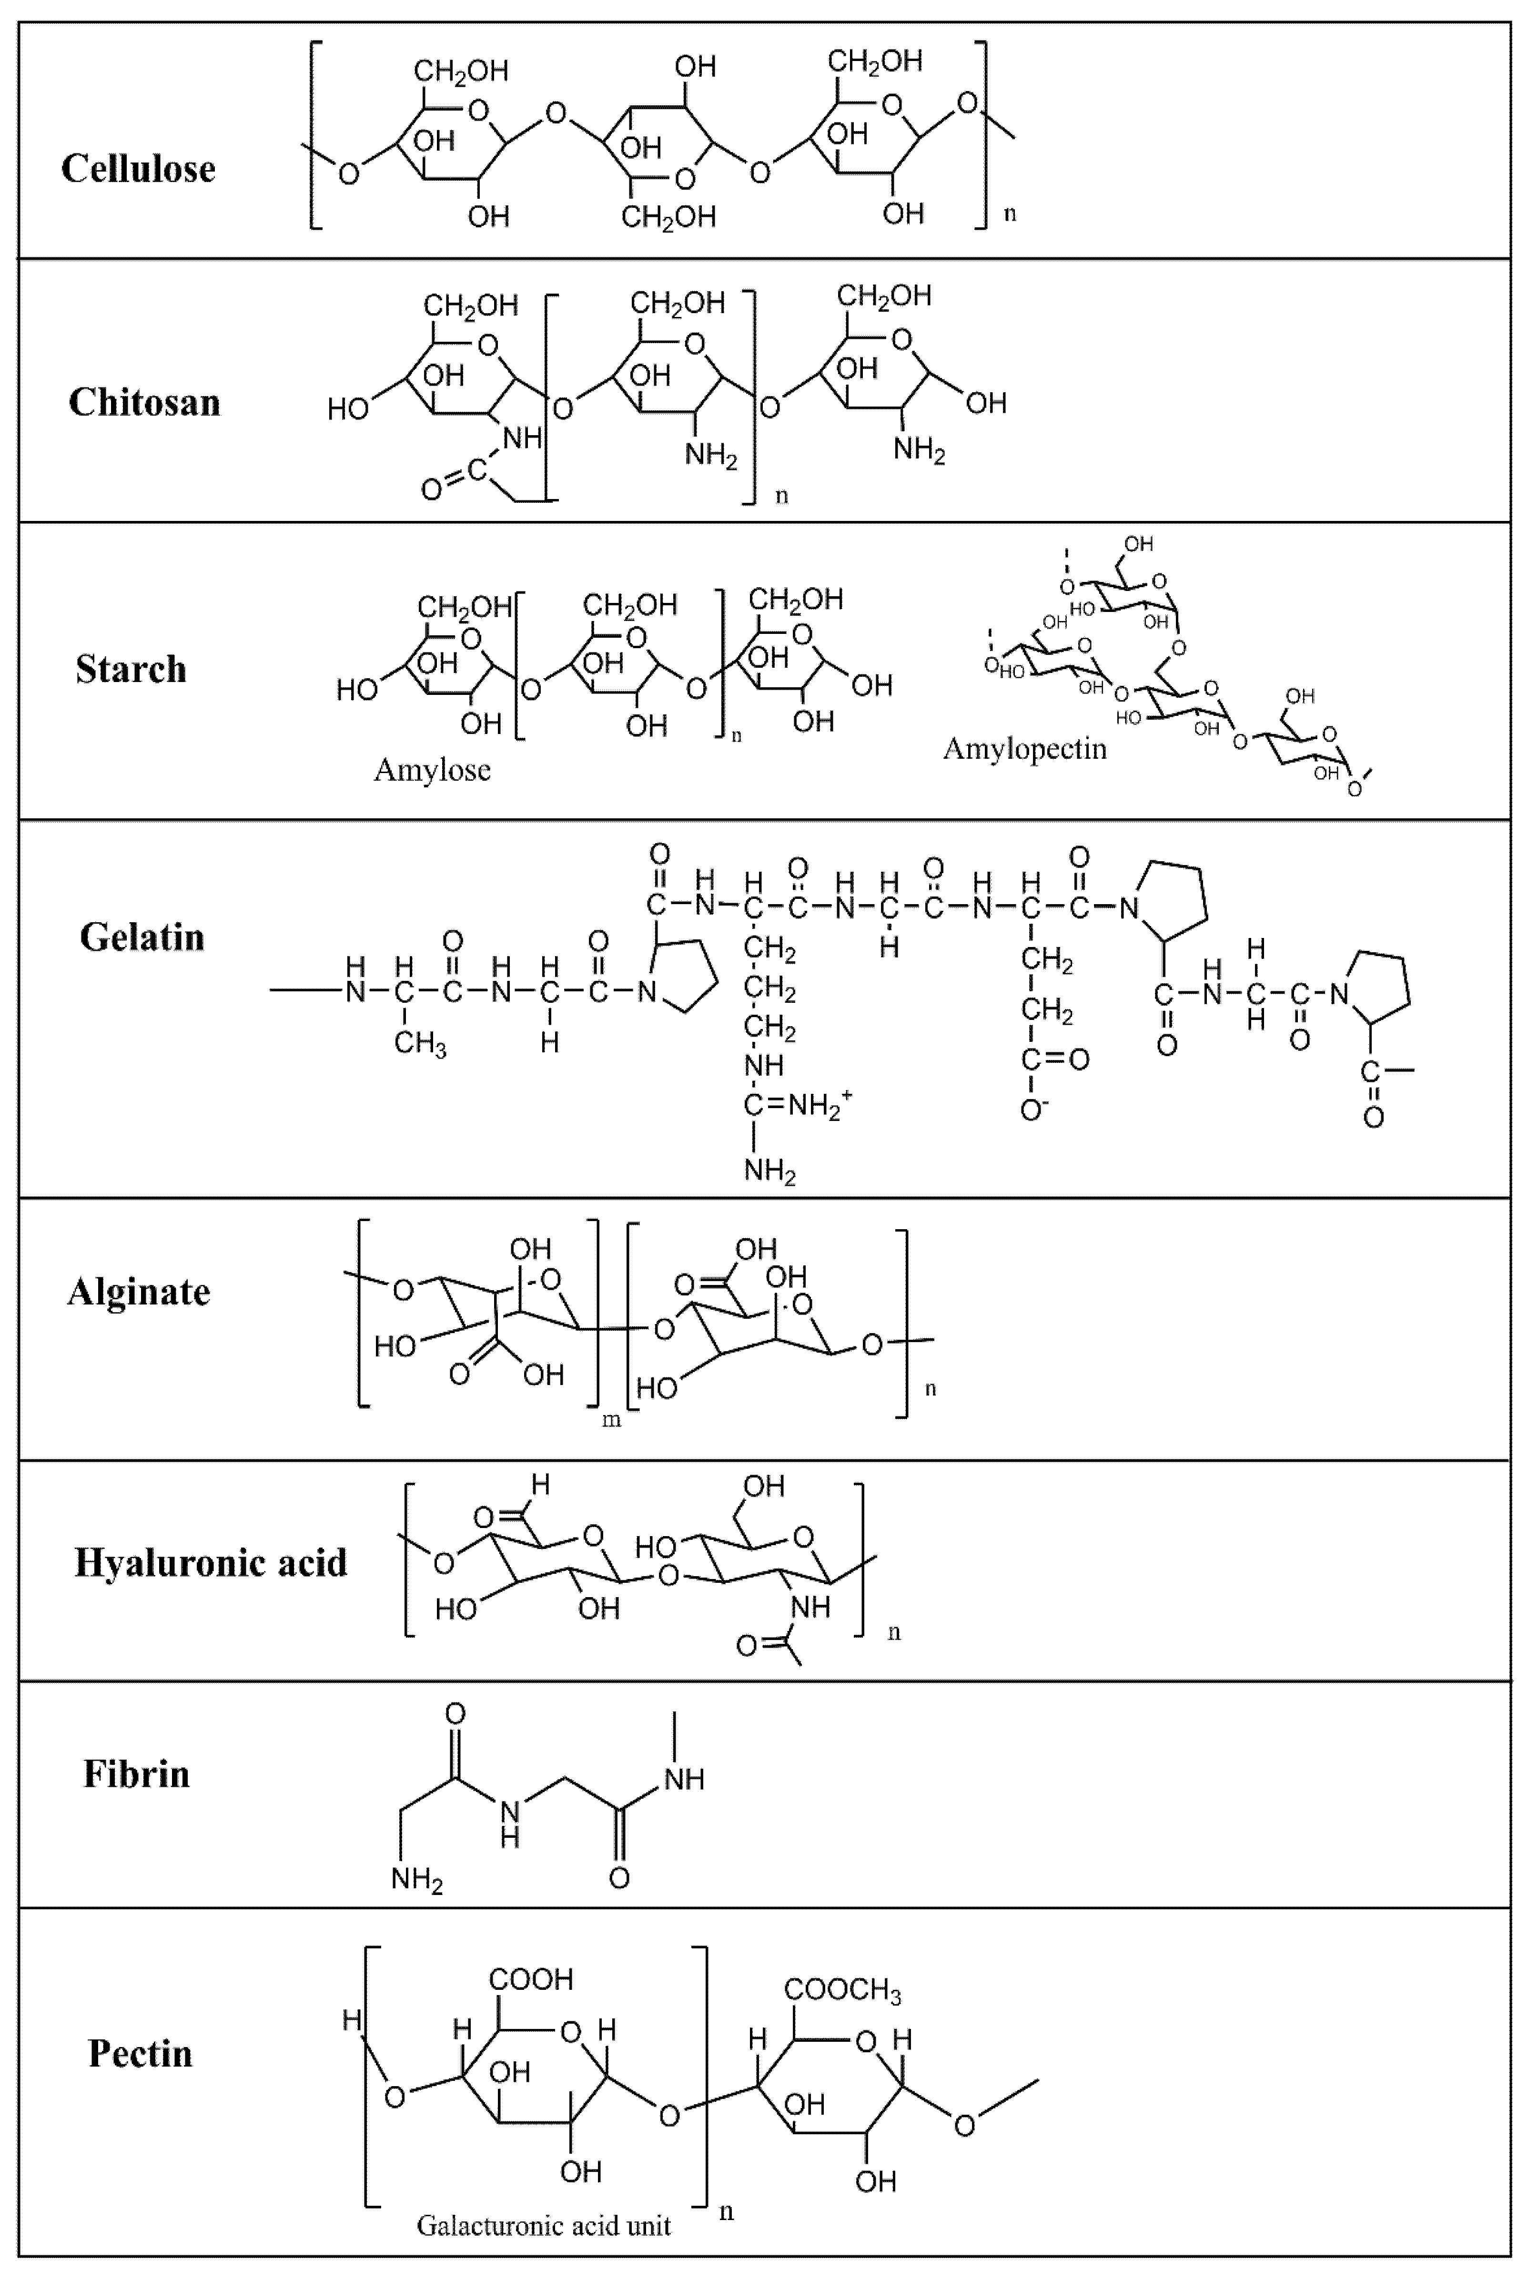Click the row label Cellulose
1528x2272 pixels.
click(x=138, y=169)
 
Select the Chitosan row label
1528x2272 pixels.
click(x=144, y=403)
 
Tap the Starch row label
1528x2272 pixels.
click(x=131, y=670)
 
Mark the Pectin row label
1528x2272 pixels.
click(x=141, y=2054)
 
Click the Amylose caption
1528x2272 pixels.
click(x=432, y=770)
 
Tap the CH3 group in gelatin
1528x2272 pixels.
click(x=420, y=1045)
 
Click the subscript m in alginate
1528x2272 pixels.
click(x=611, y=1420)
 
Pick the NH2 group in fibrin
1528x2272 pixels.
click(x=417, y=1879)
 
